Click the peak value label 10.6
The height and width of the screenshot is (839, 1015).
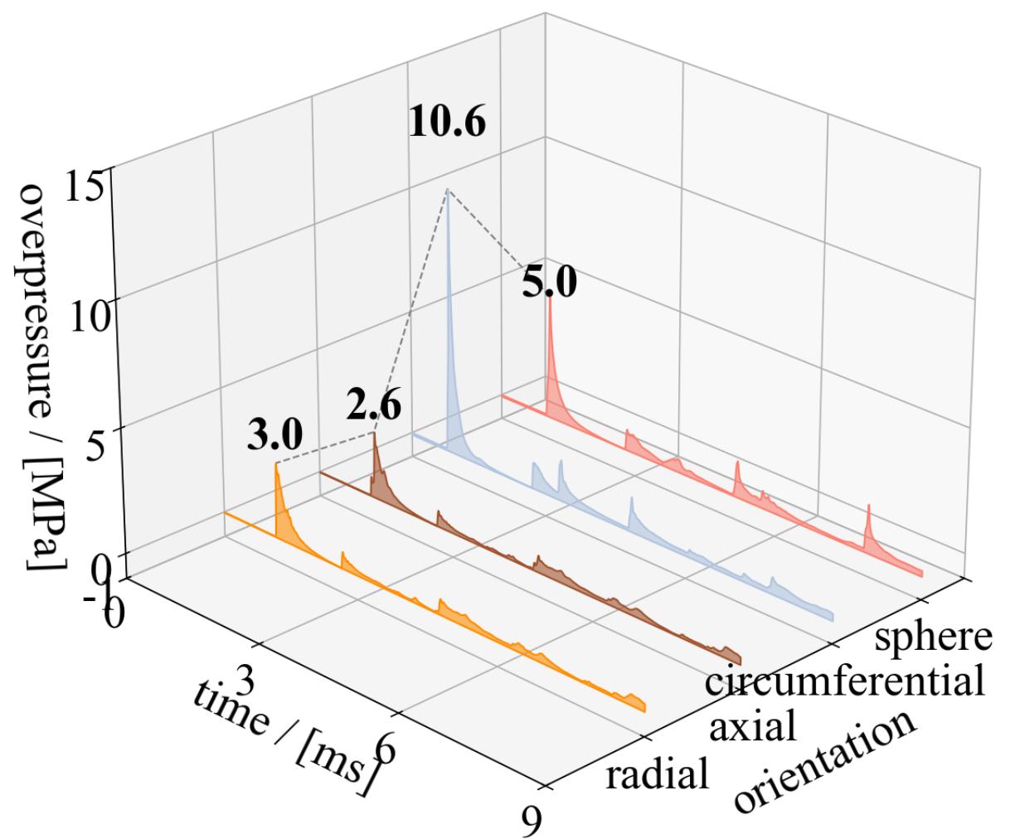(447, 123)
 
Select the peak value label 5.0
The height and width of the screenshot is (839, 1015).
(549, 284)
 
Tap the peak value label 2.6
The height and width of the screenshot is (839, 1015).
(373, 408)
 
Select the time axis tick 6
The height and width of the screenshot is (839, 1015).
(384, 750)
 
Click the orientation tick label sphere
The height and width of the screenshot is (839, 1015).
(934, 638)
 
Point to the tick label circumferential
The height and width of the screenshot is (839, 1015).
(844, 681)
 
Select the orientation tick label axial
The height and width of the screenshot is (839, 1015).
(753, 726)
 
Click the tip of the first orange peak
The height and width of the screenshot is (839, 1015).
(276, 463)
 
